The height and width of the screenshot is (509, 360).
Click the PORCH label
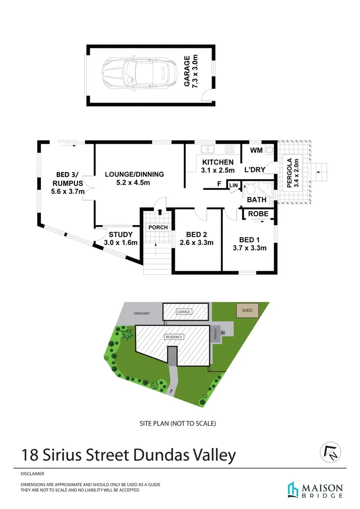pyautogui.click(x=158, y=228)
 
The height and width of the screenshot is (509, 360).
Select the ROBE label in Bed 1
pyautogui.click(x=258, y=214)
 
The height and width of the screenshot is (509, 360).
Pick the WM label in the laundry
pyautogui.click(x=256, y=151)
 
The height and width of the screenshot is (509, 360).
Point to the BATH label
pyautogui.click(x=257, y=200)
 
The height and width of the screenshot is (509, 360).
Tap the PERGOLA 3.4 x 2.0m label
pyautogui.click(x=293, y=172)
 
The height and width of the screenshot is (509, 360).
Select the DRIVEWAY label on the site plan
pyautogui.click(x=142, y=313)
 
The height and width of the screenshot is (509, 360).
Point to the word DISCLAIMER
pyautogui.click(x=33, y=474)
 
